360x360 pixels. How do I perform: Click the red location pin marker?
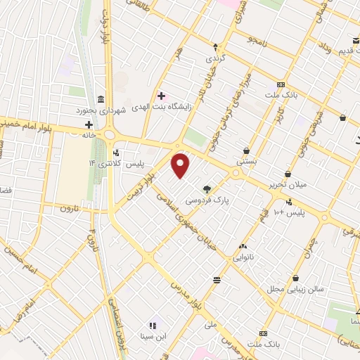pos(181,165)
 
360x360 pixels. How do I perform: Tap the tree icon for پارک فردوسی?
pos(207,188)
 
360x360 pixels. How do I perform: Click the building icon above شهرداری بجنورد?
pos(102,98)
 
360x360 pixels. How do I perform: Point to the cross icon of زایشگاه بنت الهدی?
pos(161,95)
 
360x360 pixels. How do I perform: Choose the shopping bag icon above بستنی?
pos(247,150)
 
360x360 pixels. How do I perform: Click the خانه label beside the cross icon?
pos(89,134)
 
